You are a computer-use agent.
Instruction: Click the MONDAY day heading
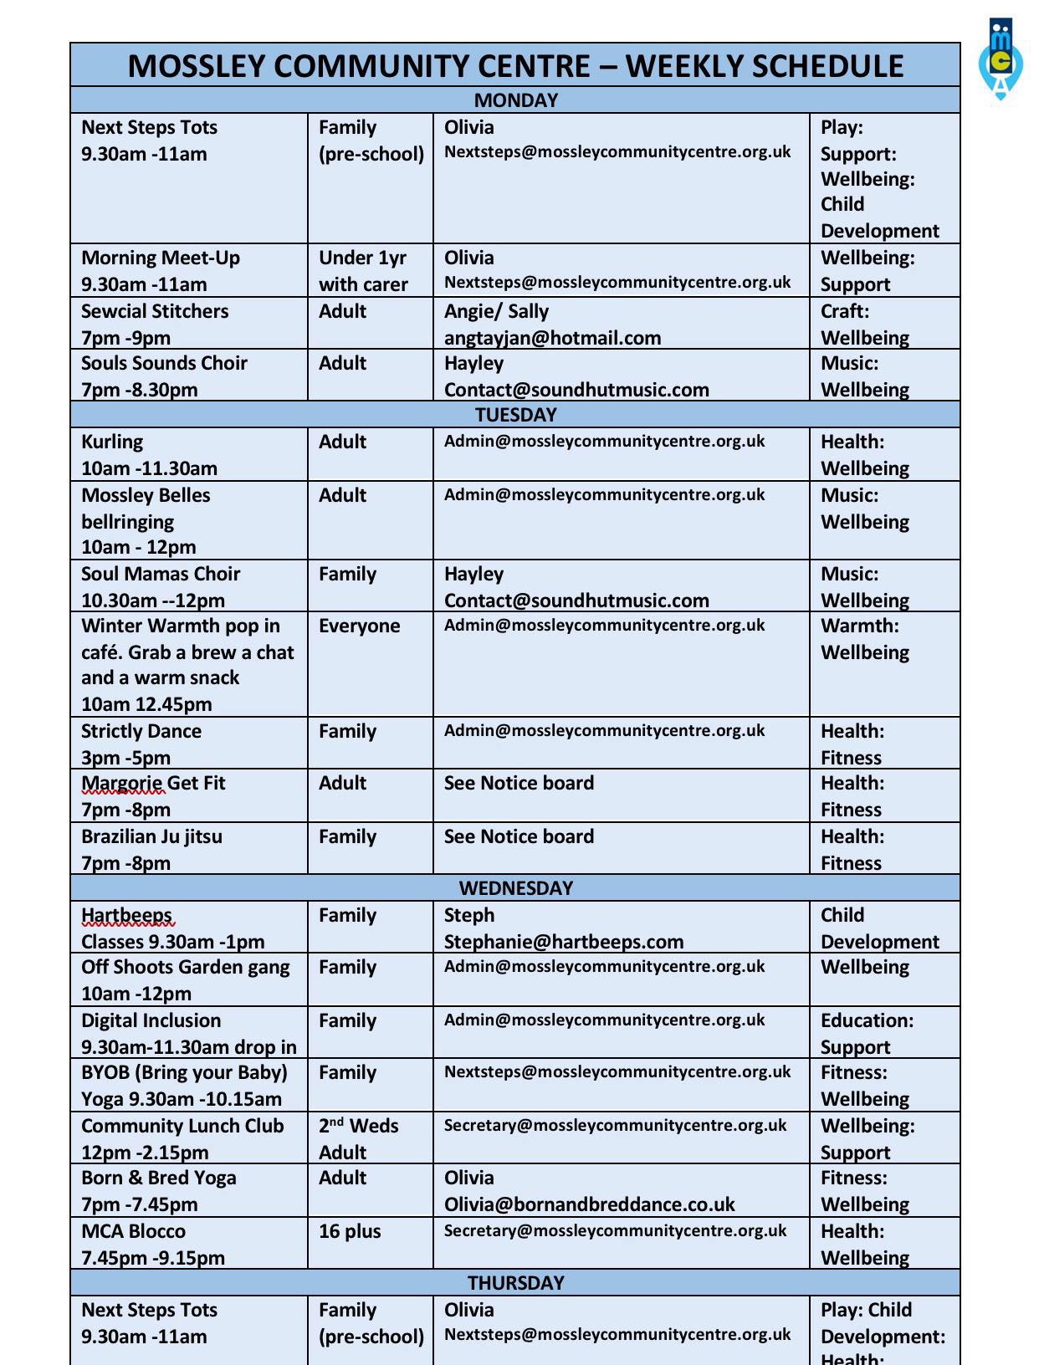(x=515, y=100)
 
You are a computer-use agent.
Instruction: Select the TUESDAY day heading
(x=515, y=415)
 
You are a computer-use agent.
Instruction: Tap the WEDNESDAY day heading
(x=515, y=888)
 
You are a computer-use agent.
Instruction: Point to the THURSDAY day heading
(x=515, y=1283)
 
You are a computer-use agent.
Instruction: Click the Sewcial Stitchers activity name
(x=155, y=311)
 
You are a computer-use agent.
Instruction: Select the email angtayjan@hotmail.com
(x=552, y=338)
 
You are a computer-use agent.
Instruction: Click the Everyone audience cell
(x=359, y=626)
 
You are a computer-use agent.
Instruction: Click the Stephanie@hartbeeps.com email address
(x=563, y=942)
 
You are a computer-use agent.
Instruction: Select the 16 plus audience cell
(x=350, y=1231)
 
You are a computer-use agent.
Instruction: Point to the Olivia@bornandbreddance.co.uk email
(x=589, y=1204)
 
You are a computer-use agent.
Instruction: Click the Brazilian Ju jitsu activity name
(x=151, y=836)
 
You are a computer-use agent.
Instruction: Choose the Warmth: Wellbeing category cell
(x=865, y=639)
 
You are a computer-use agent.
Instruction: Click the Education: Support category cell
(x=867, y=1034)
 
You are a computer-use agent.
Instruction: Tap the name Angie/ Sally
(x=496, y=311)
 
